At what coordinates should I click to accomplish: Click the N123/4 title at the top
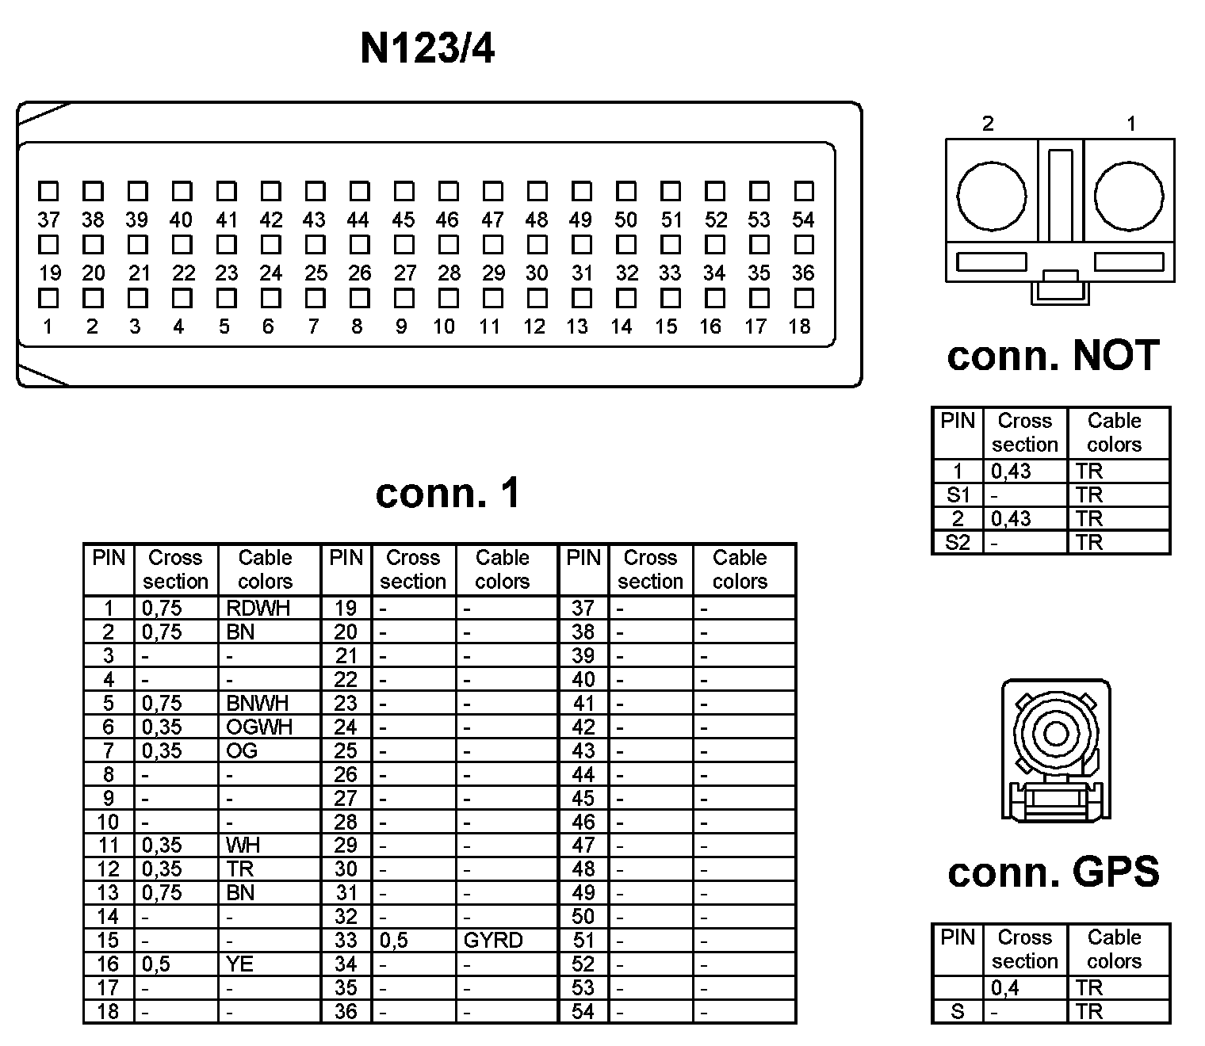(427, 48)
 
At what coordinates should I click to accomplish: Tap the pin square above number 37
(48, 191)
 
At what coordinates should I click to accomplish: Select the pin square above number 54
(804, 191)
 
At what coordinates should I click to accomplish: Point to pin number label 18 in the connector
(799, 326)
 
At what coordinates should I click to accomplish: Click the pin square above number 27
(404, 298)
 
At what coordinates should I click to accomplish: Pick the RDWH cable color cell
(258, 608)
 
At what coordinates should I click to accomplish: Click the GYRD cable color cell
(493, 941)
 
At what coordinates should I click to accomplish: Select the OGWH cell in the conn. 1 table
(259, 727)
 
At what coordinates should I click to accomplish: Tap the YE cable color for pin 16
(240, 964)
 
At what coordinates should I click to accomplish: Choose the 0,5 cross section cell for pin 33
(394, 941)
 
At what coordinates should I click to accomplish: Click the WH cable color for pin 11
(243, 846)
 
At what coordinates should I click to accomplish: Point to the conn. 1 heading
(448, 493)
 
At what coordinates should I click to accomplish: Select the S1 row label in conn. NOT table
(958, 495)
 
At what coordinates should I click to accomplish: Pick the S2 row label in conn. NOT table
(958, 543)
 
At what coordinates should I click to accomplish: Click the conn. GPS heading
(1054, 872)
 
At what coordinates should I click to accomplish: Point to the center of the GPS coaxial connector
(1055, 733)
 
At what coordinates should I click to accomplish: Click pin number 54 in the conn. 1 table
(583, 1012)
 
